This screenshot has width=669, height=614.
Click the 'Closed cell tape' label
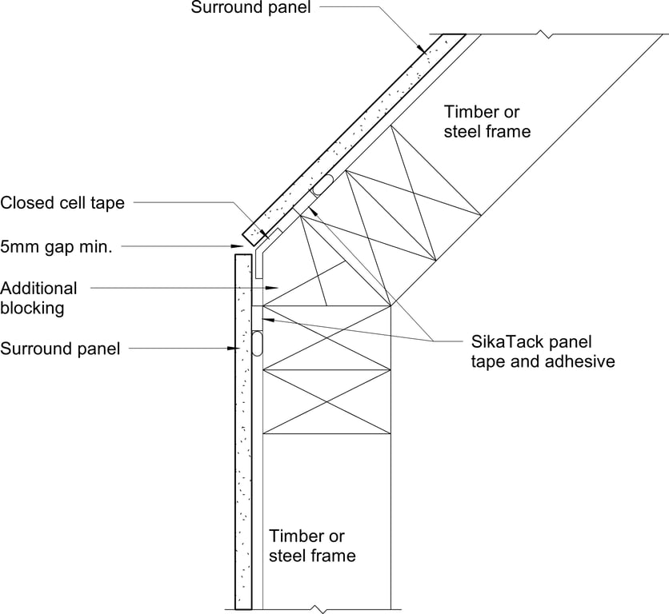[x=62, y=203]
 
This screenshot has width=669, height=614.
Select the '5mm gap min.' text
[x=56, y=247]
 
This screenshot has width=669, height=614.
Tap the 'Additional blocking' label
[x=39, y=297]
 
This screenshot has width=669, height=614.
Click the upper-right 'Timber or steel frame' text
[x=487, y=122]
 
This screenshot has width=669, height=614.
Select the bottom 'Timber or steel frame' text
[x=313, y=545]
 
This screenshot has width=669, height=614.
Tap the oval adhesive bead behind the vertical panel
[x=258, y=344]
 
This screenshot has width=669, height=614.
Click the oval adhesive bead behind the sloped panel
[x=323, y=184]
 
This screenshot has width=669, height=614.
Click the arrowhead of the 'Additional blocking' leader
[x=274, y=286]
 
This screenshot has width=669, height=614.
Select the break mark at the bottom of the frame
[x=322, y=609]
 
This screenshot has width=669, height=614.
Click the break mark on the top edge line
[x=544, y=34]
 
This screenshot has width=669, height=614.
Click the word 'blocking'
[x=33, y=307]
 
